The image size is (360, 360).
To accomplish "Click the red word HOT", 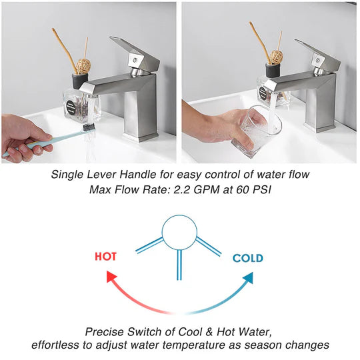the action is click(x=106, y=257).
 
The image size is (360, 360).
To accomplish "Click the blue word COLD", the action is click(x=248, y=258).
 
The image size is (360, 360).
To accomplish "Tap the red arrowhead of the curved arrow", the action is click(x=111, y=276).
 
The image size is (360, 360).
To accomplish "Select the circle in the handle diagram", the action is click(x=179, y=232).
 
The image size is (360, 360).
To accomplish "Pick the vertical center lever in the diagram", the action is click(x=179, y=265).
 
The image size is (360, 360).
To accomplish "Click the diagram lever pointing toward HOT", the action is click(x=149, y=245).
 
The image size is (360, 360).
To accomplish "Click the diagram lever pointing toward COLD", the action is click(x=209, y=246).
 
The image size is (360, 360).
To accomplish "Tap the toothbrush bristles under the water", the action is click(x=89, y=127).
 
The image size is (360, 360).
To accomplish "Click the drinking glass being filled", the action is click(x=256, y=131).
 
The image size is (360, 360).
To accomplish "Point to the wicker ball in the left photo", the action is click(x=83, y=67).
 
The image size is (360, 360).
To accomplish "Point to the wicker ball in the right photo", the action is click(x=276, y=57).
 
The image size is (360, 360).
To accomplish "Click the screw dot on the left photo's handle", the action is click(x=135, y=60).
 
